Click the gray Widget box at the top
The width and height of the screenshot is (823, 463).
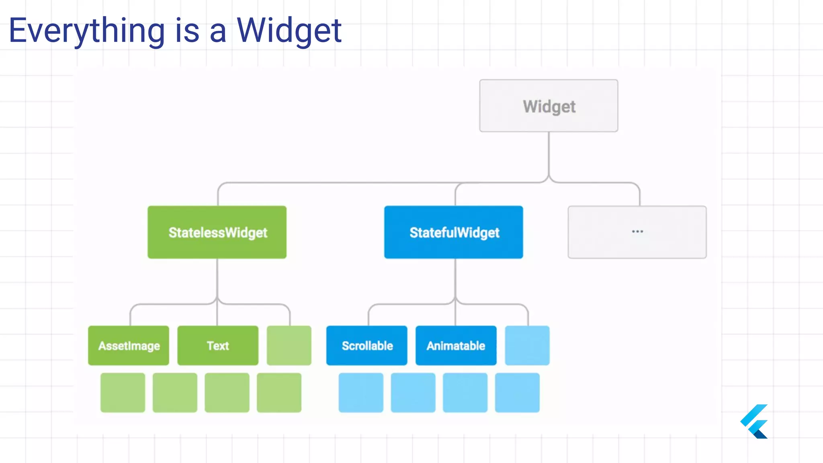[549, 106]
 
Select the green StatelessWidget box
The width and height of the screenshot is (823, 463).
[217, 232]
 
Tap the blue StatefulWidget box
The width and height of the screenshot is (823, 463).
[454, 232]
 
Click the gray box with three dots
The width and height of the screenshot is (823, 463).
[637, 232]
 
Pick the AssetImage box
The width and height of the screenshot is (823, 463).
[129, 346]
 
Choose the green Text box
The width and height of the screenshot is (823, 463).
[218, 346]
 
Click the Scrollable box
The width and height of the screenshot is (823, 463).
[367, 346]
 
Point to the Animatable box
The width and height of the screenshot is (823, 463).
[456, 346]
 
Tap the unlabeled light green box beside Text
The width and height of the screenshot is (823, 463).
[289, 346]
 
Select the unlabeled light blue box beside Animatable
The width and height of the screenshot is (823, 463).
[527, 346]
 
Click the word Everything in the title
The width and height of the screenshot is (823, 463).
[86, 31]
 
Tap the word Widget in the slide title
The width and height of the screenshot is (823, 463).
[289, 31]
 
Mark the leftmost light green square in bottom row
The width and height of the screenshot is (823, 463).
[123, 393]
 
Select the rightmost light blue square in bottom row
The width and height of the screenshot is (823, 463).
[517, 393]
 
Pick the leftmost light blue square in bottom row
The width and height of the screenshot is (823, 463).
[361, 393]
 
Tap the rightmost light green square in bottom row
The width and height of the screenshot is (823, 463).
[279, 393]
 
